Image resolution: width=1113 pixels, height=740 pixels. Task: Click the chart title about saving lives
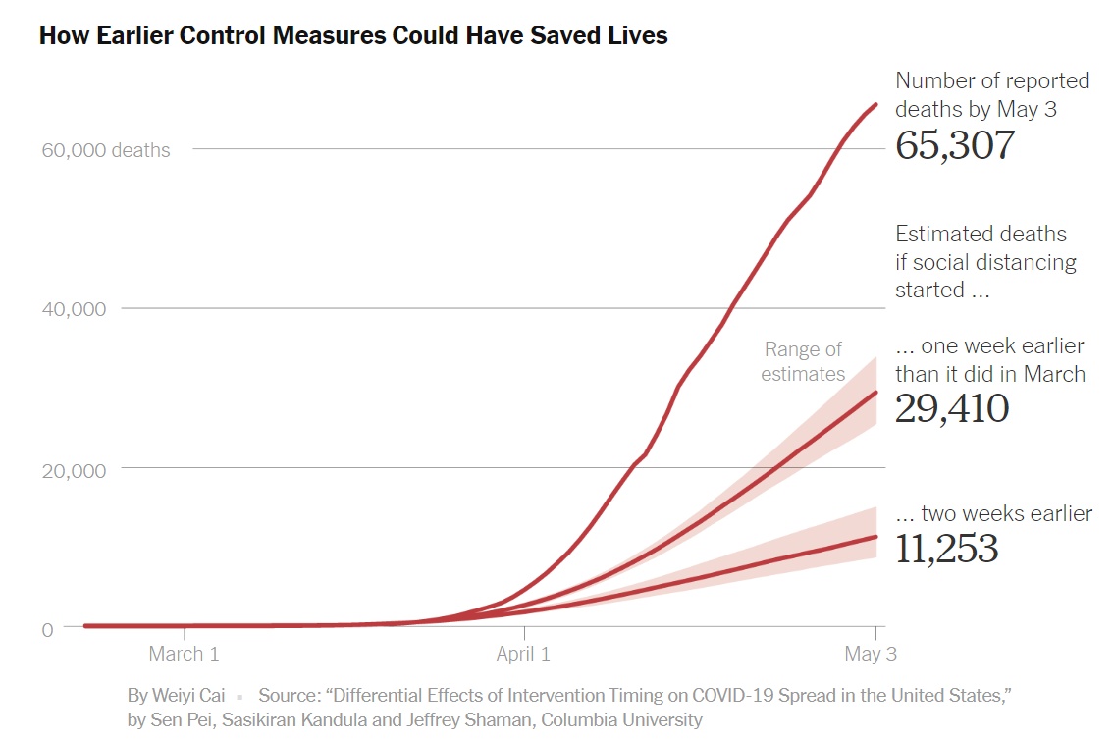point(353,36)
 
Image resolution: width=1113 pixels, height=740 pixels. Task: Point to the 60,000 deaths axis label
point(105,150)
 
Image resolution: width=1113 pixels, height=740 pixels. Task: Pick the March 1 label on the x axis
point(184,654)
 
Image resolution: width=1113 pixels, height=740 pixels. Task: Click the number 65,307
point(954,145)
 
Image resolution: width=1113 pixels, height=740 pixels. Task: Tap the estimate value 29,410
point(951,408)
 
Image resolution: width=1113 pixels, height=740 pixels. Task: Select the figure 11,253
point(946,549)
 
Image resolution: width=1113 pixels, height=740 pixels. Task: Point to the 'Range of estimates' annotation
point(804,361)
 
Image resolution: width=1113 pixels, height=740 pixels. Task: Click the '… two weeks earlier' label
point(993,513)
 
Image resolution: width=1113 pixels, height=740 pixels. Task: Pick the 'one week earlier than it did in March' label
point(989,360)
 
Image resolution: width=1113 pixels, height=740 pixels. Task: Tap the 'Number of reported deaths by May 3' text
point(992,95)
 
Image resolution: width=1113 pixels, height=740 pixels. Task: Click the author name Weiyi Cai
point(188,695)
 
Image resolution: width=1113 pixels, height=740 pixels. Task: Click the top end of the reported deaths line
point(875,104)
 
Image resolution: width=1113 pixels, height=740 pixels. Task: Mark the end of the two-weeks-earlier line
point(875,537)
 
